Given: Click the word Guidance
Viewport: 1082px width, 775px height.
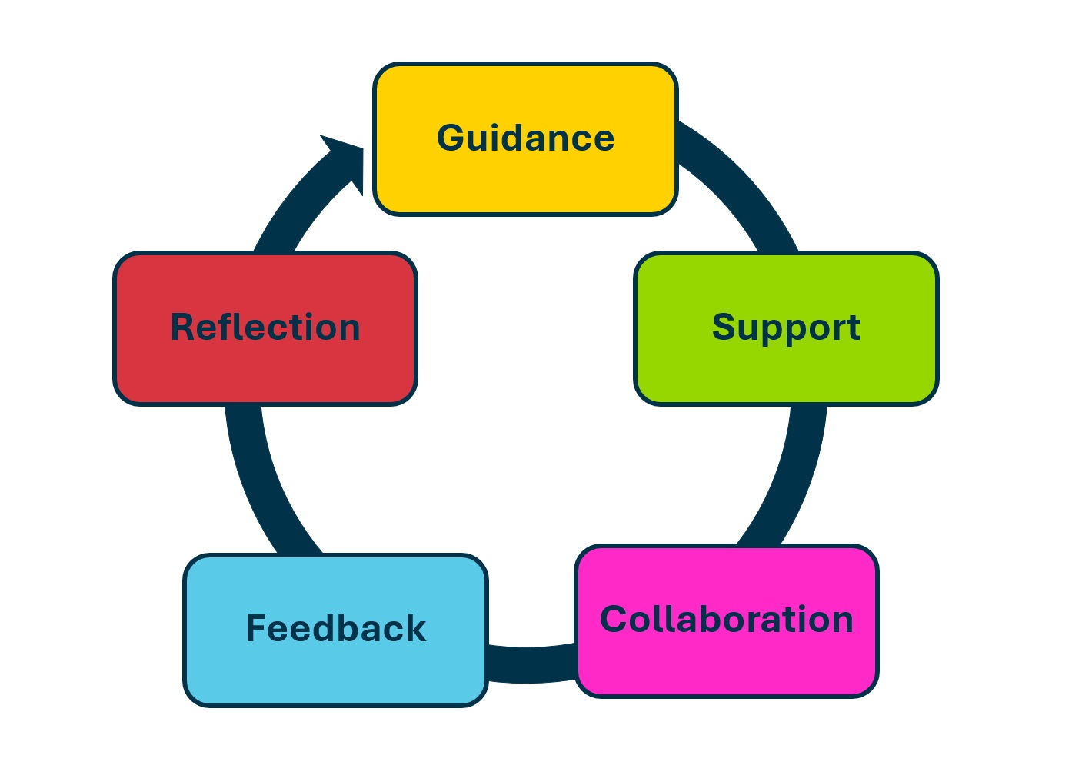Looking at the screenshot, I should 525,138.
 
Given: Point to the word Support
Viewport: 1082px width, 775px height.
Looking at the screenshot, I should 786,328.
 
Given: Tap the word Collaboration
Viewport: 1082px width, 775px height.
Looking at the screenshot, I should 727,620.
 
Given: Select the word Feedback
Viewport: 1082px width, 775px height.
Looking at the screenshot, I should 336,629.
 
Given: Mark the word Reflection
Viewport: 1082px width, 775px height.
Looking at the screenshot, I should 265,328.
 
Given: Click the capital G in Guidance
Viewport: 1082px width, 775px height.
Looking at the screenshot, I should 452,138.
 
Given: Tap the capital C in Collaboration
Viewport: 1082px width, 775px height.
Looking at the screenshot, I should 615,620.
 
